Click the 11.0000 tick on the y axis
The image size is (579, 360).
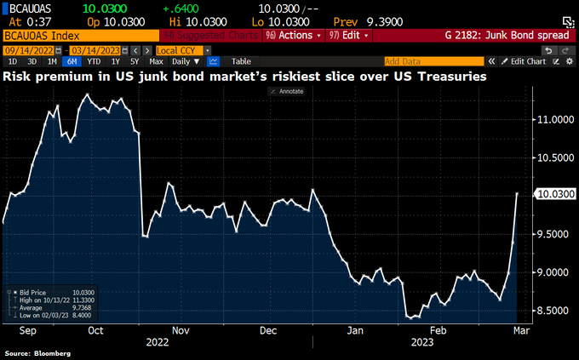tap(554, 119)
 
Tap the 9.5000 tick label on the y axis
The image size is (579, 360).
tap(554, 233)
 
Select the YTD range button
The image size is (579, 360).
tap(94, 61)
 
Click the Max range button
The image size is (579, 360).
tap(156, 61)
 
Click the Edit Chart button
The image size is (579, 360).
tap(525, 61)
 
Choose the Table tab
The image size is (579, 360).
tap(241, 61)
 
